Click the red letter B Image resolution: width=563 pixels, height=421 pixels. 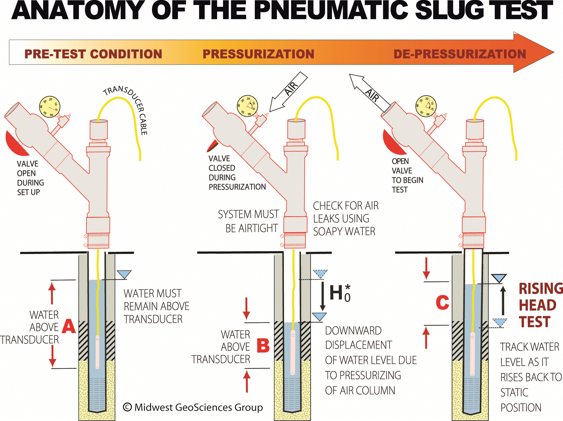coord(263,345)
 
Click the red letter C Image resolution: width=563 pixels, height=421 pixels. coord(442,302)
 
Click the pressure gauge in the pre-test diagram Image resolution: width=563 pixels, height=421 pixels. coord(50,107)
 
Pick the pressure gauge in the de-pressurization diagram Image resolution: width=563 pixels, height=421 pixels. coord(426,106)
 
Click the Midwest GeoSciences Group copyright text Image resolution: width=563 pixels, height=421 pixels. coord(193,407)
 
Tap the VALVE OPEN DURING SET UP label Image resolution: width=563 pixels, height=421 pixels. coord(30,178)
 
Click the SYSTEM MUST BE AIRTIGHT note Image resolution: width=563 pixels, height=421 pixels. coord(249,221)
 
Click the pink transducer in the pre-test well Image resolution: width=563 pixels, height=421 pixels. coord(97,352)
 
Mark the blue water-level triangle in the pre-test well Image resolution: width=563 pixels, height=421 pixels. coord(124,274)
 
